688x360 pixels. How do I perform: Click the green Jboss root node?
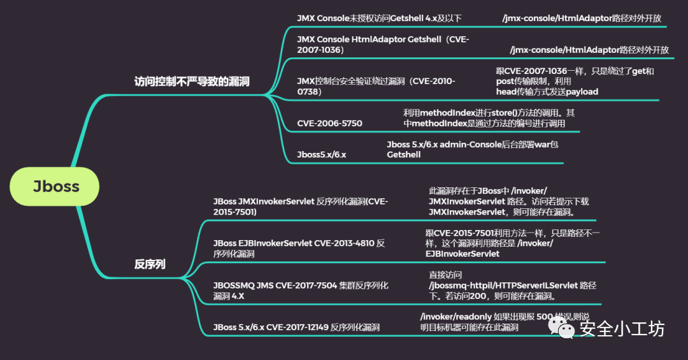(x=56, y=187)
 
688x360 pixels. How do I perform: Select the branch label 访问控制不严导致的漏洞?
(x=192, y=82)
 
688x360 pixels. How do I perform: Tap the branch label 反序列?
(x=150, y=264)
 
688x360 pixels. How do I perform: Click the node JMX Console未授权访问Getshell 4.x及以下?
(x=379, y=18)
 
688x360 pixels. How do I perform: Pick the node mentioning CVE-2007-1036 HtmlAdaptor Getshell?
(x=383, y=45)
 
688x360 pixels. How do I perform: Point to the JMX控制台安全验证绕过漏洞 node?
(x=376, y=86)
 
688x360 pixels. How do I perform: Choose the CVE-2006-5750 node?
(x=329, y=123)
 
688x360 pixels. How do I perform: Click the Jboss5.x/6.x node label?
(x=322, y=155)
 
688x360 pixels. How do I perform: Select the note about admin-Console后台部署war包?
(x=472, y=150)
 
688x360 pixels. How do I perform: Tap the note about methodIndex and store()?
(x=489, y=118)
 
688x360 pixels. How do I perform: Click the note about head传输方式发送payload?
(x=575, y=82)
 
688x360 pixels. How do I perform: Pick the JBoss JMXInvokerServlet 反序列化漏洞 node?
(x=300, y=206)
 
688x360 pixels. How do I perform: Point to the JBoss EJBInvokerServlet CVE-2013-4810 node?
(x=299, y=248)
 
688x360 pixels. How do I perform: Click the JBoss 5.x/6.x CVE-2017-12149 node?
(x=296, y=328)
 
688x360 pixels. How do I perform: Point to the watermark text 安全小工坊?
(x=621, y=328)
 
